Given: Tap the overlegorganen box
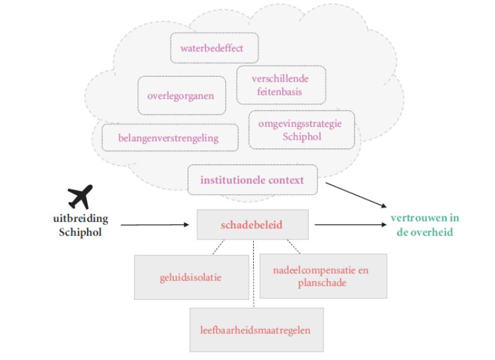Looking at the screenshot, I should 181,96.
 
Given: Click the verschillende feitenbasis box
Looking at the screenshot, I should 281,85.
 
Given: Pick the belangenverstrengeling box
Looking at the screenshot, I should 168,138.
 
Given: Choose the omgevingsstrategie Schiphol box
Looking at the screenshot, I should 301,129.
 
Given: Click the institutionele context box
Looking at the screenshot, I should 252,180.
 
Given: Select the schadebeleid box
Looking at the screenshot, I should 251,225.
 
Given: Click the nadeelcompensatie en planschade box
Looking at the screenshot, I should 320,276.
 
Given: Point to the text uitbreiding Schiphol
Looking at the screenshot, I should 80,225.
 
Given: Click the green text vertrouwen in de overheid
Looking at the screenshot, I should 424,225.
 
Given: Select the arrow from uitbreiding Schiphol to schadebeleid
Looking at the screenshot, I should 155,225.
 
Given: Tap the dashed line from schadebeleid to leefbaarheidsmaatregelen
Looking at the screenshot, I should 253,272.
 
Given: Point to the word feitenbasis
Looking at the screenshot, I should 281,92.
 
